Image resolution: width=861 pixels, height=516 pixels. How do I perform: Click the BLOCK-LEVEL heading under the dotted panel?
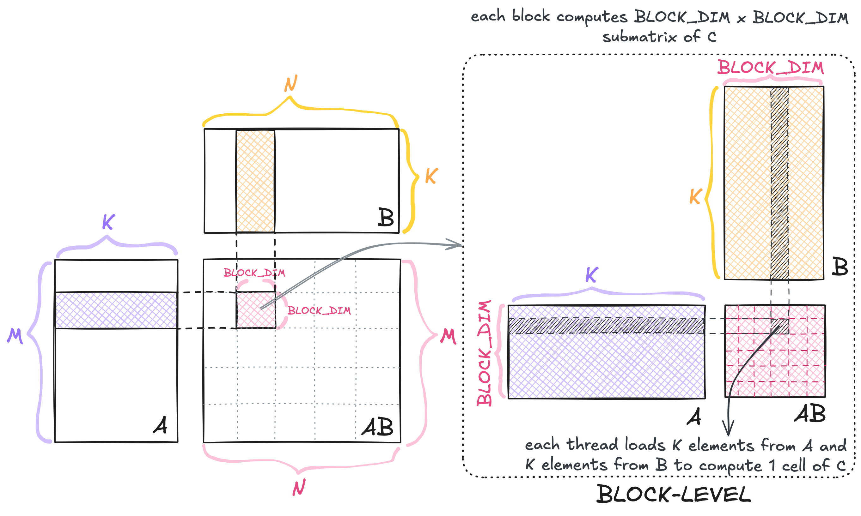(x=674, y=495)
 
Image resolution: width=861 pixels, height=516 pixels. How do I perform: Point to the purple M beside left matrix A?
(x=15, y=336)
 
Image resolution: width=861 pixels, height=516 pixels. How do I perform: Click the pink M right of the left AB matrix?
(x=448, y=336)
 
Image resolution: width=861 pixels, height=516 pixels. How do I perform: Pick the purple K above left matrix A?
(x=108, y=222)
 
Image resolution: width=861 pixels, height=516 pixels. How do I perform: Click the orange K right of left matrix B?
(x=431, y=176)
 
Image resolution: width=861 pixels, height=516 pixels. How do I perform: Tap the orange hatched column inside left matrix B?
(x=255, y=181)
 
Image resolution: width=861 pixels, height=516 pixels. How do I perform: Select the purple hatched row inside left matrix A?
(x=116, y=310)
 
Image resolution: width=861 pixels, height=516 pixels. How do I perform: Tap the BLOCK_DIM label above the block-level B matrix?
(x=771, y=68)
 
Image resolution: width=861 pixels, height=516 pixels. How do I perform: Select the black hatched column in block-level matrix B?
(x=779, y=183)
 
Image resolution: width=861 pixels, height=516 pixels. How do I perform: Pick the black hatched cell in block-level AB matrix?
(x=779, y=326)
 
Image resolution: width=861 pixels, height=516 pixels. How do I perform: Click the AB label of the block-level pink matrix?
(x=810, y=414)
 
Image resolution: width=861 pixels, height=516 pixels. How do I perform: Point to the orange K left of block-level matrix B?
(x=695, y=197)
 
